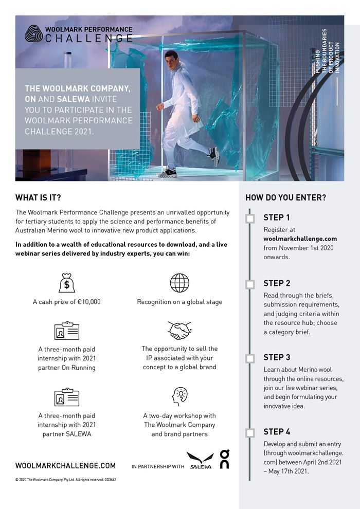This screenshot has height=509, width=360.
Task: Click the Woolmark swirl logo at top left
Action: [33, 33]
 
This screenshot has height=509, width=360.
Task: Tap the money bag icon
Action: [67, 283]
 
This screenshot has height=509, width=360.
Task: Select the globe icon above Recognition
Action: [179, 283]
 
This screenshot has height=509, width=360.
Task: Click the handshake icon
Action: [179, 331]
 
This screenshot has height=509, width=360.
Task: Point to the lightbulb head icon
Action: [179, 396]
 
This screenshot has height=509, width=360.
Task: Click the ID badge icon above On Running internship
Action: [67, 331]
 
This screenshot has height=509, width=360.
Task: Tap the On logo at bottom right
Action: [224, 459]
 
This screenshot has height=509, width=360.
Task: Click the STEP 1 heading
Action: [277, 217]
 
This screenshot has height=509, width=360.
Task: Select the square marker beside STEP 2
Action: [250, 284]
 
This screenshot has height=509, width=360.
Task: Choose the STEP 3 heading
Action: [277, 357]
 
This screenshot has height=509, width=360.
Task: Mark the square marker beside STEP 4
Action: [250, 432]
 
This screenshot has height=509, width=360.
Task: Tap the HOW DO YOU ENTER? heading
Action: [285, 197]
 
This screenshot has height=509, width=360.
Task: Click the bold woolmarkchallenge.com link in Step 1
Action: [300, 239]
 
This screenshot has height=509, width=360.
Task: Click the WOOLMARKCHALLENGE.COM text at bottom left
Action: [65, 466]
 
